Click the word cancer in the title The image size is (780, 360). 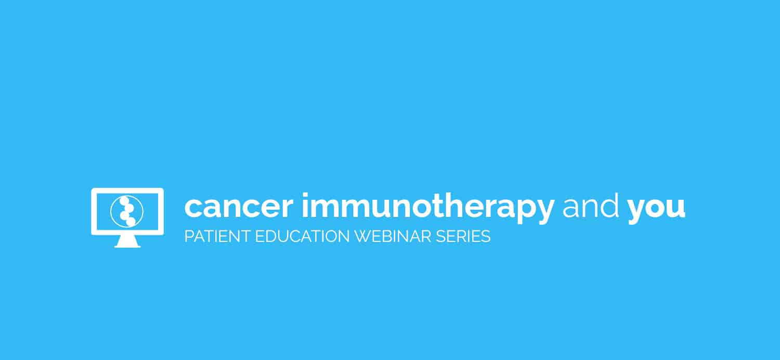[239, 208]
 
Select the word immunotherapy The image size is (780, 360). [428, 208]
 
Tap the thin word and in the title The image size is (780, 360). [591, 206]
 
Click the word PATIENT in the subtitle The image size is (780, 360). [217, 236]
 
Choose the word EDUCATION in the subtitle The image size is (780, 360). [302, 236]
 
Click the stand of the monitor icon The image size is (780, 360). [127, 241]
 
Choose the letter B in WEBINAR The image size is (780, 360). [391, 236]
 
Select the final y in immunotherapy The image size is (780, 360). [543, 211]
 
